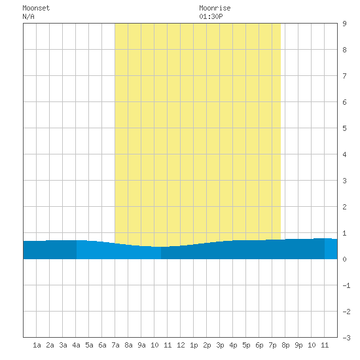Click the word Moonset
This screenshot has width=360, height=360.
point(36,8)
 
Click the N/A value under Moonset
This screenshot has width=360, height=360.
point(28,16)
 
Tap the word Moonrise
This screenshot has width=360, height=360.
point(215,8)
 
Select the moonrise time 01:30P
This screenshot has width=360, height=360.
point(211,16)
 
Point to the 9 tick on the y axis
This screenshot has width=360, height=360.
point(344,24)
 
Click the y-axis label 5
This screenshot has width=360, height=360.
point(344,128)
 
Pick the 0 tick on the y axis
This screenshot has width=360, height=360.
point(344,259)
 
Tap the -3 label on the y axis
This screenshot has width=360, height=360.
point(346,338)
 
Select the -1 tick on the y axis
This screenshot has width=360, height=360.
point(346,285)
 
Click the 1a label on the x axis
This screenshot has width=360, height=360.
point(37,345)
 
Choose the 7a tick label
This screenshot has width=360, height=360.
point(115,345)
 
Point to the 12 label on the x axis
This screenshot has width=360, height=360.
point(181,345)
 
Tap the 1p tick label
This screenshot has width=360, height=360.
point(194,345)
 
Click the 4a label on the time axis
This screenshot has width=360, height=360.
point(76,345)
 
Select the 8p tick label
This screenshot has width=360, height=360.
point(285,345)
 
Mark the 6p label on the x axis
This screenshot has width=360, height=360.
point(259,345)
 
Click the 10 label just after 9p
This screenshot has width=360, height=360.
point(312,345)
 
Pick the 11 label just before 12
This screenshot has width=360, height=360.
point(168,345)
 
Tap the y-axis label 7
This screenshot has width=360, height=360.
point(344,76)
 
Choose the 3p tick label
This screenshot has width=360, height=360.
point(220,345)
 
